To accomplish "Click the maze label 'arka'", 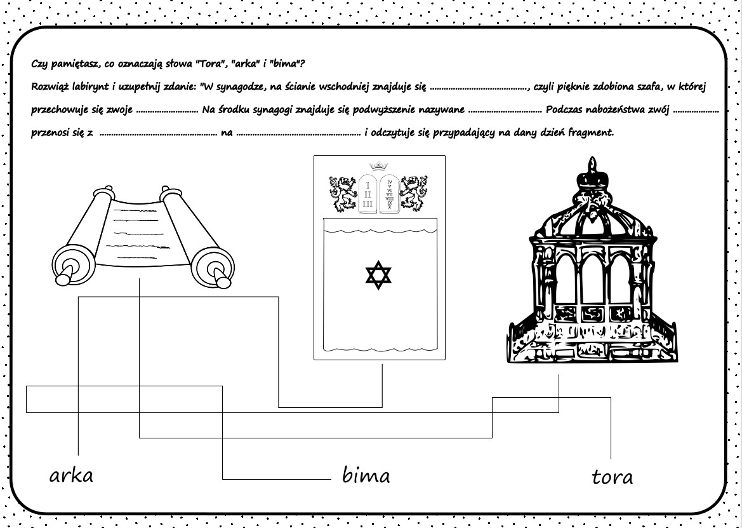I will click(71, 475).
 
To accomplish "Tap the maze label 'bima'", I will click(366, 475).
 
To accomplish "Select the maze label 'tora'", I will click(612, 477).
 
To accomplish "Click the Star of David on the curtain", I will click(379, 274).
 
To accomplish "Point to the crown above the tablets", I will click(379, 165).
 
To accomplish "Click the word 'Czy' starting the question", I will click(39, 64).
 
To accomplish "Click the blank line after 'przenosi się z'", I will click(158, 134).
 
